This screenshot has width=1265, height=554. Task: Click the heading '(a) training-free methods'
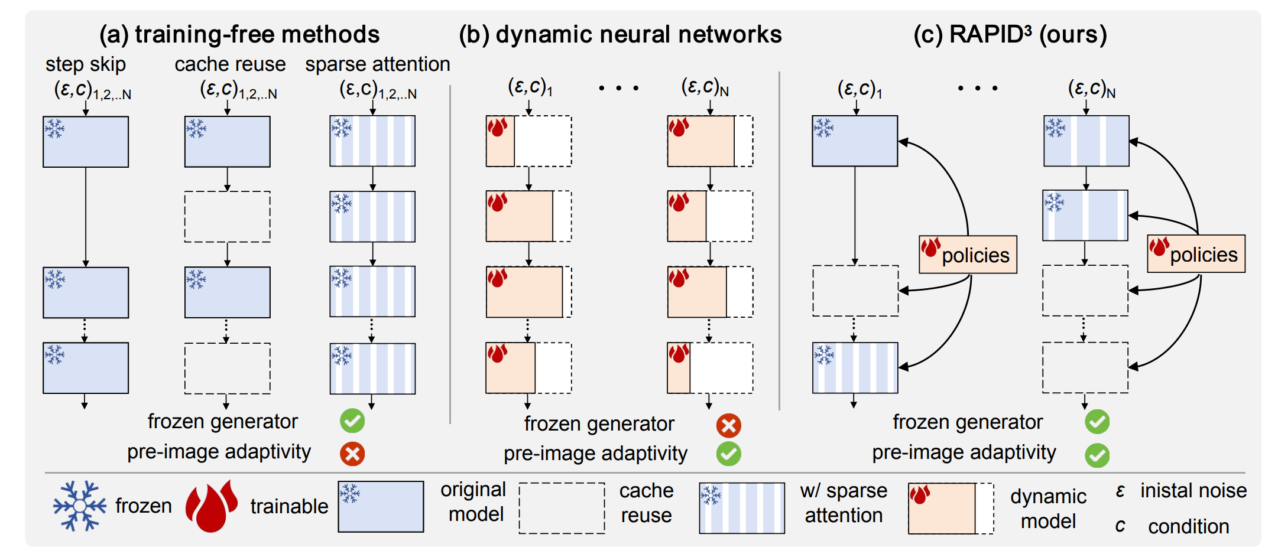point(239,34)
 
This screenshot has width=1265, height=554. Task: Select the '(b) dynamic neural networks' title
point(620,34)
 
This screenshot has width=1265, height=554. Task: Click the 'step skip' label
point(86,64)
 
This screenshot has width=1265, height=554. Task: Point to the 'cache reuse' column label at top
point(230,64)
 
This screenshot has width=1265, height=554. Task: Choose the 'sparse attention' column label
point(377,64)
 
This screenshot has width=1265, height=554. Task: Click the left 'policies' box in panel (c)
point(968,255)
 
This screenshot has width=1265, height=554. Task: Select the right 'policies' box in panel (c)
point(1196,254)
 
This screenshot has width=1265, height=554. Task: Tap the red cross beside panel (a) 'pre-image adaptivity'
point(352,454)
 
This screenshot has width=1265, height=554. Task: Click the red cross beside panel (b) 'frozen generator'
point(728,425)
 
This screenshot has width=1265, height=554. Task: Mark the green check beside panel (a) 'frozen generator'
point(352,421)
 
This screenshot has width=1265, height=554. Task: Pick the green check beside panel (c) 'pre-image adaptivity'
point(1097,455)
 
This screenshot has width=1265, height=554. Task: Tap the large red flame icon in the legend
point(211,506)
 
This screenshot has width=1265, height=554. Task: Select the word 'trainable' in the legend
point(289,506)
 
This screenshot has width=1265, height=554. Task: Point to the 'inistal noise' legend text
point(1193,491)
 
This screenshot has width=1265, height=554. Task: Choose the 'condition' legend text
point(1188,526)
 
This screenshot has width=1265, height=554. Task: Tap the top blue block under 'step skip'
point(86,142)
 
